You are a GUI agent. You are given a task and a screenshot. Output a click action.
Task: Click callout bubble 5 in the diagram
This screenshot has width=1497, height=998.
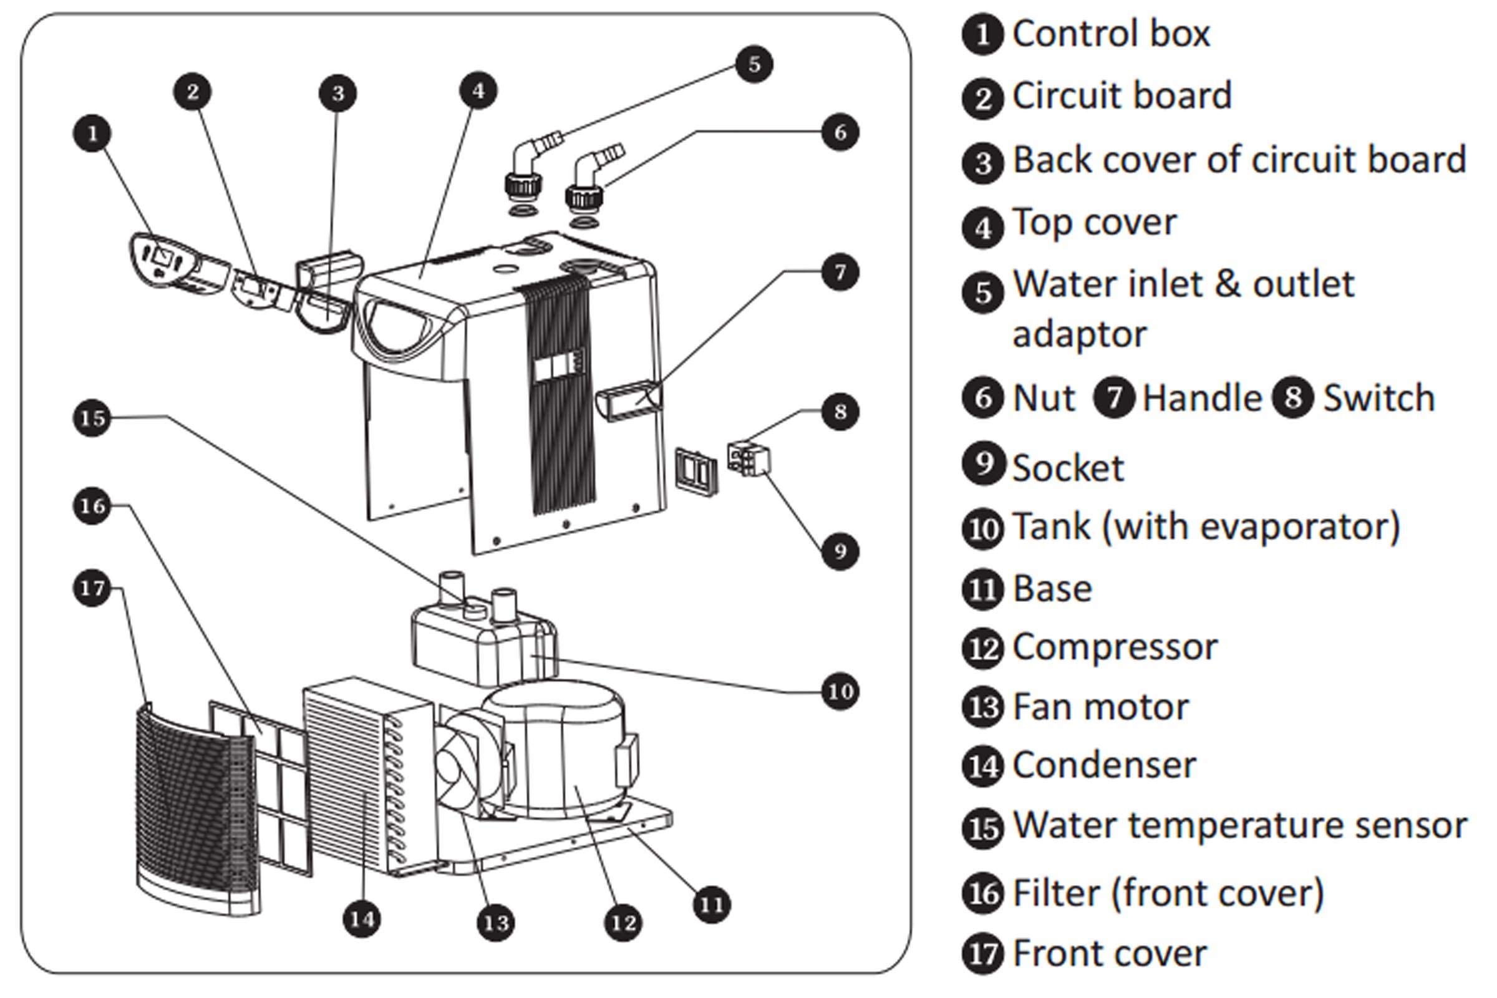(753, 64)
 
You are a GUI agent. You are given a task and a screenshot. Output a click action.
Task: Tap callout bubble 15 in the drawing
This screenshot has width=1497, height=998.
(93, 418)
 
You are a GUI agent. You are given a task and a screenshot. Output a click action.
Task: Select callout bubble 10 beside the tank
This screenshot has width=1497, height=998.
(840, 691)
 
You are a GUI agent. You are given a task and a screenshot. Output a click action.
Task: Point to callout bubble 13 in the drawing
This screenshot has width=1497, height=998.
(496, 923)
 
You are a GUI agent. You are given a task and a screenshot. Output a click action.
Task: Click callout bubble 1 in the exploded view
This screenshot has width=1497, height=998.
(93, 133)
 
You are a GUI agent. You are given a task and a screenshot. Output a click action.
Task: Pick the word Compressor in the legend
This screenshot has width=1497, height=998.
(1115, 647)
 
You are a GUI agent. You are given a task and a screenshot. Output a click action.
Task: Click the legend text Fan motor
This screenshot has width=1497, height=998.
(1100, 707)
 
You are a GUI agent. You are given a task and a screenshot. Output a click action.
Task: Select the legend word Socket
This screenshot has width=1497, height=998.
(1068, 468)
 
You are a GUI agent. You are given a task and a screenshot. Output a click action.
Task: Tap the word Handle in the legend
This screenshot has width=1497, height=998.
(1202, 399)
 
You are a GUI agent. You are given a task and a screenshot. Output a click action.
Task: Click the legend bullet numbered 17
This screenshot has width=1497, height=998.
(983, 954)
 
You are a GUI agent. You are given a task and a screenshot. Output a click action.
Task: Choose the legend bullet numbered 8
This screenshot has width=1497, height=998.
(1292, 398)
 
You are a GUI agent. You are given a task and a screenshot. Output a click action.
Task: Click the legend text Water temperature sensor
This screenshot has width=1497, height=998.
(1239, 825)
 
